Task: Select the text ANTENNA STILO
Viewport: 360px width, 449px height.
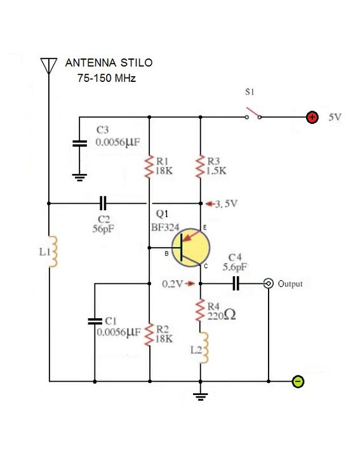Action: coord(109,64)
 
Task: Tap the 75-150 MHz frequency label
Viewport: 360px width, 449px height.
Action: coord(106,79)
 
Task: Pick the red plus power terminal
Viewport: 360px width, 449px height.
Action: coord(312,117)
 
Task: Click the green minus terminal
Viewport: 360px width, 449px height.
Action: coord(297,382)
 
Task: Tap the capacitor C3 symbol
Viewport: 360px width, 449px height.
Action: coord(79,144)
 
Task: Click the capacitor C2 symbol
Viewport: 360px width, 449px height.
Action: coord(104,204)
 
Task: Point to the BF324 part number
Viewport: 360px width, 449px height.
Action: coord(165,225)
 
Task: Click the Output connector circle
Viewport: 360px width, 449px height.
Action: coord(269,283)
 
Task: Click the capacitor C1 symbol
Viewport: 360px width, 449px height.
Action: coord(95,321)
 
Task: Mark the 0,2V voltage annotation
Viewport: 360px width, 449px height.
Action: coord(172,283)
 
